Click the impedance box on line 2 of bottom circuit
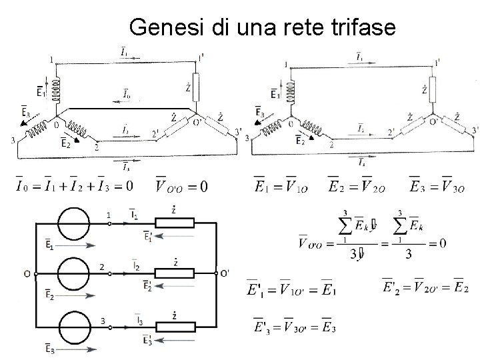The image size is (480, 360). (x=174, y=273)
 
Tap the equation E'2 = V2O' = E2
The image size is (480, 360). (x=425, y=288)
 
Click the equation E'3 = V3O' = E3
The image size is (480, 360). (x=294, y=326)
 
